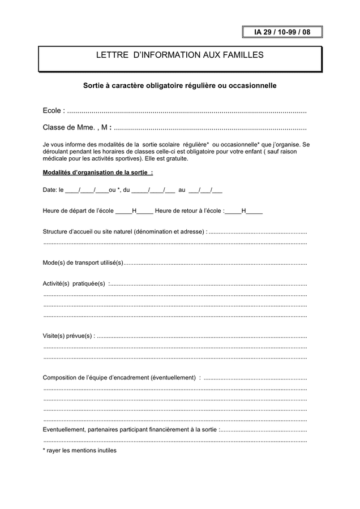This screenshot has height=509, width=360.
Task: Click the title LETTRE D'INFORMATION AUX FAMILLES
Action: (179, 55)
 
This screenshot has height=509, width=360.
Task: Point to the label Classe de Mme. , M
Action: (77, 127)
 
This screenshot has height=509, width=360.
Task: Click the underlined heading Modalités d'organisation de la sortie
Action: (97, 172)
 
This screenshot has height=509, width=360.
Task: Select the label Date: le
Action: (53, 190)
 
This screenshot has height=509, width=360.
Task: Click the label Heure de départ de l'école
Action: (78, 211)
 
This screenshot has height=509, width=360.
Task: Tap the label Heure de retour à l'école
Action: (190, 211)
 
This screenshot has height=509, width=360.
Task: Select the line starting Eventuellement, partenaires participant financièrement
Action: (130, 430)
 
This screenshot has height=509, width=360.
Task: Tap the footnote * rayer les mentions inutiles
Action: (80, 451)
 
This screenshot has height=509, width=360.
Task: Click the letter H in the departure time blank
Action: (134, 211)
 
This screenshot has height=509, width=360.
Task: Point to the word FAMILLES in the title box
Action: (238, 55)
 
